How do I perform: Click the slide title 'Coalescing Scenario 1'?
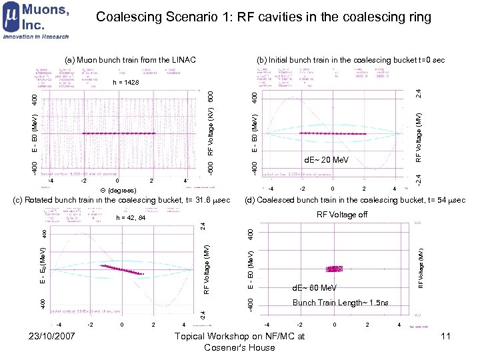263,17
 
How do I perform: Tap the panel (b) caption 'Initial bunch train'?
351,60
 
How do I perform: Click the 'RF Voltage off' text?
342,215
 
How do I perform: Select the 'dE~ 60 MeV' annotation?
315,289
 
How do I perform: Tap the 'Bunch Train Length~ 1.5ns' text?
341,303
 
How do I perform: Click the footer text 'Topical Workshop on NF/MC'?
239,336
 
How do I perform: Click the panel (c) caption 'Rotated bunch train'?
123,200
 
